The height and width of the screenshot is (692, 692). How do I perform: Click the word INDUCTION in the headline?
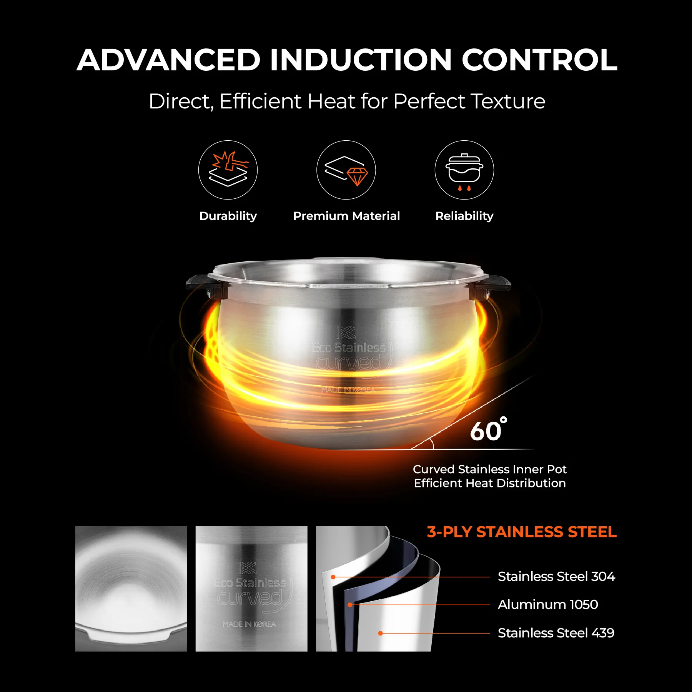[361, 60]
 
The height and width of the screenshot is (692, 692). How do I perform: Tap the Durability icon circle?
[228, 170]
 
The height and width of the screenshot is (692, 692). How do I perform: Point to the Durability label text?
[228, 216]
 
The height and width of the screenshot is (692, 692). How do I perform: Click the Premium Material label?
[346, 216]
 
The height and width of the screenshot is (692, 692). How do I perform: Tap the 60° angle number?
[488, 429]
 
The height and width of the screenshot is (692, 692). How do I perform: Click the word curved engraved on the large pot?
[349, 363]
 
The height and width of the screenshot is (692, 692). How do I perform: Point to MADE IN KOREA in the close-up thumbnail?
[250, 624]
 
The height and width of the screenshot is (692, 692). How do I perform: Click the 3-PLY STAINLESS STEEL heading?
[522, 532]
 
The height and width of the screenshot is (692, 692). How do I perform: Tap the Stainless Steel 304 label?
[556, 577]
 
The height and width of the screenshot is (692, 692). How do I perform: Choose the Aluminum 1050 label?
[548, 605]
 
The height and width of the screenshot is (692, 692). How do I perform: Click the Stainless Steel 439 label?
[556, 633]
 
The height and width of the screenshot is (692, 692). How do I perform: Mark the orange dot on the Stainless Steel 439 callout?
[380, 633]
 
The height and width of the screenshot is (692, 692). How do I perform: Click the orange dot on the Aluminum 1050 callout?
[350, 605]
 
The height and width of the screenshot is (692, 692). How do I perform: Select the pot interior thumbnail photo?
[131, 589]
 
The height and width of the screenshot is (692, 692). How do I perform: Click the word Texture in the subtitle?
[508, 101]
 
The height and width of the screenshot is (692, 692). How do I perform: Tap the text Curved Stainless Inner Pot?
[490, 469]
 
